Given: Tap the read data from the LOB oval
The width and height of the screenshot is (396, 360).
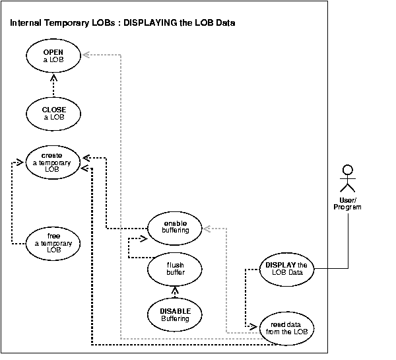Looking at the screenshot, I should click(286, 328).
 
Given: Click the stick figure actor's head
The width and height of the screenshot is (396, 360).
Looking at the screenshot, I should click(348, 168).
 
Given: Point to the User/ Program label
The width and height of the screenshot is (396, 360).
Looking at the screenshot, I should click(348, 203).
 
